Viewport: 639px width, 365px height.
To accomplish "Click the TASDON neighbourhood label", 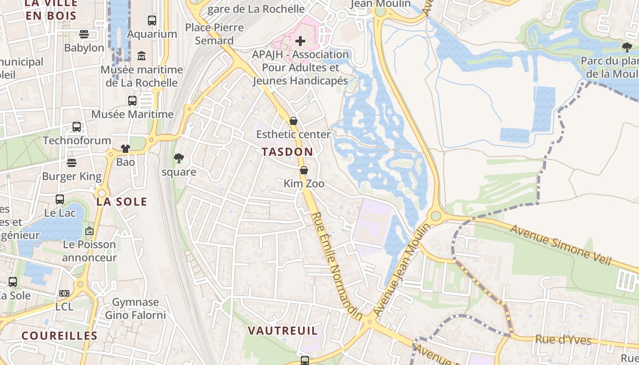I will click(288, 152).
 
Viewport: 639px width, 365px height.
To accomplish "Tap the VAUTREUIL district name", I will click(282, 330).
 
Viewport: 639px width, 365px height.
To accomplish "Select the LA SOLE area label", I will click(122, 202).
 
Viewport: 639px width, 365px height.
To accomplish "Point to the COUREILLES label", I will click(60, 336).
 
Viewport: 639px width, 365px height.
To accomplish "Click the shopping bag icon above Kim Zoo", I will click(304, 171).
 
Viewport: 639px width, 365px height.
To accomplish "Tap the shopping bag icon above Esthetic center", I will click(293, 121).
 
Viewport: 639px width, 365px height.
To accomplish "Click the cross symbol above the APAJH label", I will click(300, 42).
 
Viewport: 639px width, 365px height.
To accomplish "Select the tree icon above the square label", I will click(179, 159).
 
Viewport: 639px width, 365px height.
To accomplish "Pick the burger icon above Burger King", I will click(72, 163).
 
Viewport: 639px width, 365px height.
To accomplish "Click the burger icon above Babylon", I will click(84, 34).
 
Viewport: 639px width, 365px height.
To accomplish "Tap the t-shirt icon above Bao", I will click(126, 149).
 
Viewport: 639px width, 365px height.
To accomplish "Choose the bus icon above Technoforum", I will click(77, 127).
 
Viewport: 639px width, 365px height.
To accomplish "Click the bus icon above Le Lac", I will click(60, 199).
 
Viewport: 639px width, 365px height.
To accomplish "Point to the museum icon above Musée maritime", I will click(141, 56).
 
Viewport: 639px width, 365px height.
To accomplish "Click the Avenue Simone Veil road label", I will click(560, 245).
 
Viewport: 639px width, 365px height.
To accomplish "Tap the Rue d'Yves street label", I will click(563, 340).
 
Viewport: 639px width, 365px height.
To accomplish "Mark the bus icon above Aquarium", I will click(152, 21).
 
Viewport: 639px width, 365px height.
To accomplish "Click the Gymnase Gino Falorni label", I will click(136, 308).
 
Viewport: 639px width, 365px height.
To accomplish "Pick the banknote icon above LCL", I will click(64, 293).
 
